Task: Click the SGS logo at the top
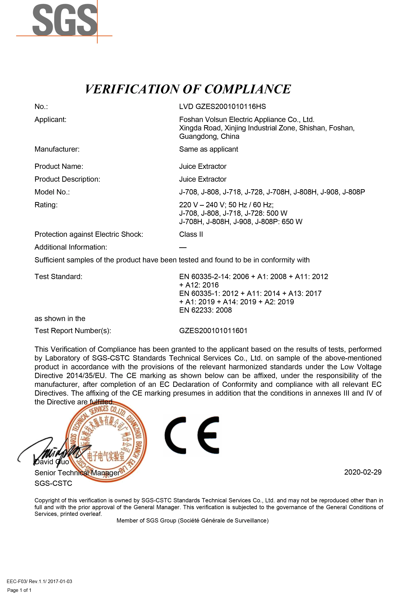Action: pyautogui.click(x=65, y=20)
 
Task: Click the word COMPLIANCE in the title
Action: pyautogui.click(x=247, y=89)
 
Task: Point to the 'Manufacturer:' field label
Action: pyautogui.click(x=57, y=149)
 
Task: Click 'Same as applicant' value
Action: pyautogui.click(x=208, y=149)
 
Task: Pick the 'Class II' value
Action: pyautogui.click(x=191, y=234)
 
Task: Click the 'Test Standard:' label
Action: pyautogui.click(x=58, y=277)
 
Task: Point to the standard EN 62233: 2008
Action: pyautogui.click(x=205, y=310)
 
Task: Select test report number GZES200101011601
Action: pyautogui.click(x=213, y=331)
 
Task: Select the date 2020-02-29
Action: pyautogui.click(x=363, y=472)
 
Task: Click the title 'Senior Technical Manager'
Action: pyautogui.click(x=77, y=473)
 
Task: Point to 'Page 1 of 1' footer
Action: pyautogui.click(x=19, y=590)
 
